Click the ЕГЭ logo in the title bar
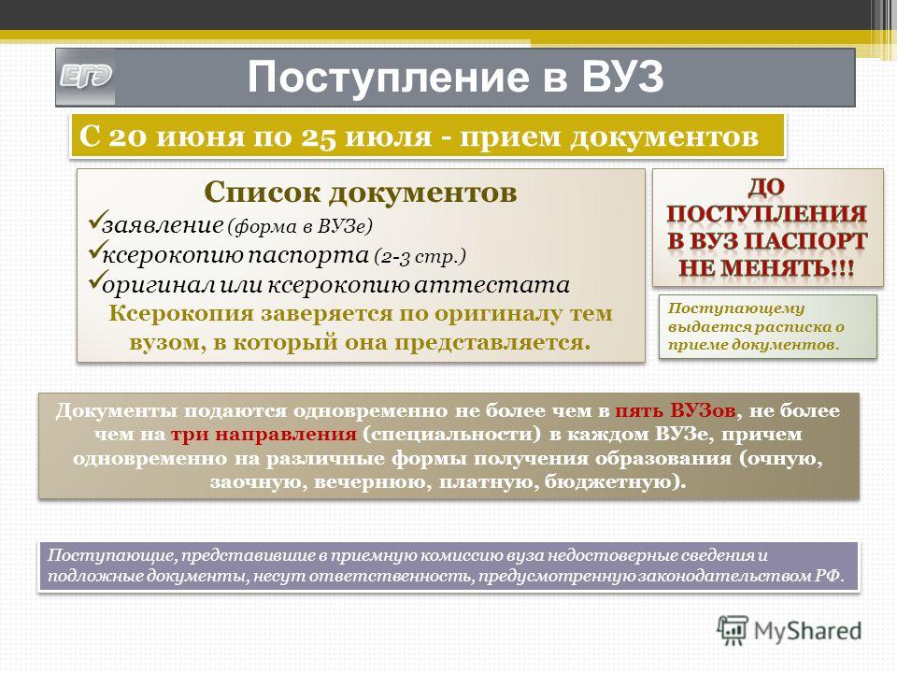[86, 78]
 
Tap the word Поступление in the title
[389, 78]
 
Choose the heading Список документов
[361, 192]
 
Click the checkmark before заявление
[95, 221]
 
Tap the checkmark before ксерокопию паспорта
[95, 251]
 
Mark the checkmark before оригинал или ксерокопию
[95, 279]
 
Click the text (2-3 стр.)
[420, 256]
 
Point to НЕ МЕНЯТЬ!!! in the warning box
[766, 268]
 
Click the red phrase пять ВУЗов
[675, 411]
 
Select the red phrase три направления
[263, 435]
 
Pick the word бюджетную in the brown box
[610, 482]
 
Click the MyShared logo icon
[733, 631]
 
